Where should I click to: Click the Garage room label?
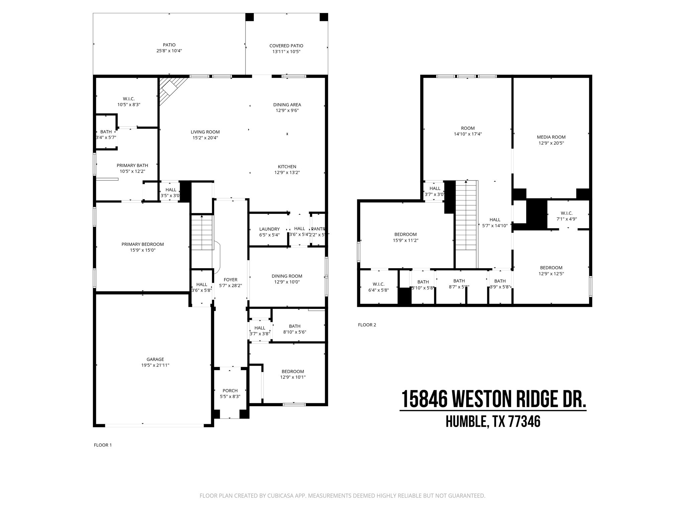(x=155, y=359)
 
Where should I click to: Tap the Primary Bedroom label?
(x=142, y=244)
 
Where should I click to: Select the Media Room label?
(x=551, y=137)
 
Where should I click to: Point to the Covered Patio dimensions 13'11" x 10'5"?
(x=286, y=52)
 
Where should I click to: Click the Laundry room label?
(x=269, y=229)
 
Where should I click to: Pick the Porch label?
(x=230, y=391)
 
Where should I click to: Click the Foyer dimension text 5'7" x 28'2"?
(x=230, y=286)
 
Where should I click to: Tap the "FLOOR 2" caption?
(x=367, y=325)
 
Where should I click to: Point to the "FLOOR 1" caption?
(x=103, y=445)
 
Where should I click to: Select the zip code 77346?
(x=524, y=422)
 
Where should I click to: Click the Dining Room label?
(x=287, y=276)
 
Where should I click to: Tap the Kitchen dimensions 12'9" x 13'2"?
(x=287, y=173)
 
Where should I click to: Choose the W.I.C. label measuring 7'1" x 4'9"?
(x=567, y=213)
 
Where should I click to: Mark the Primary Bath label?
(x=132, y=165)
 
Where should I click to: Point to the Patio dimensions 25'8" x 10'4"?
(x=169, y=51)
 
